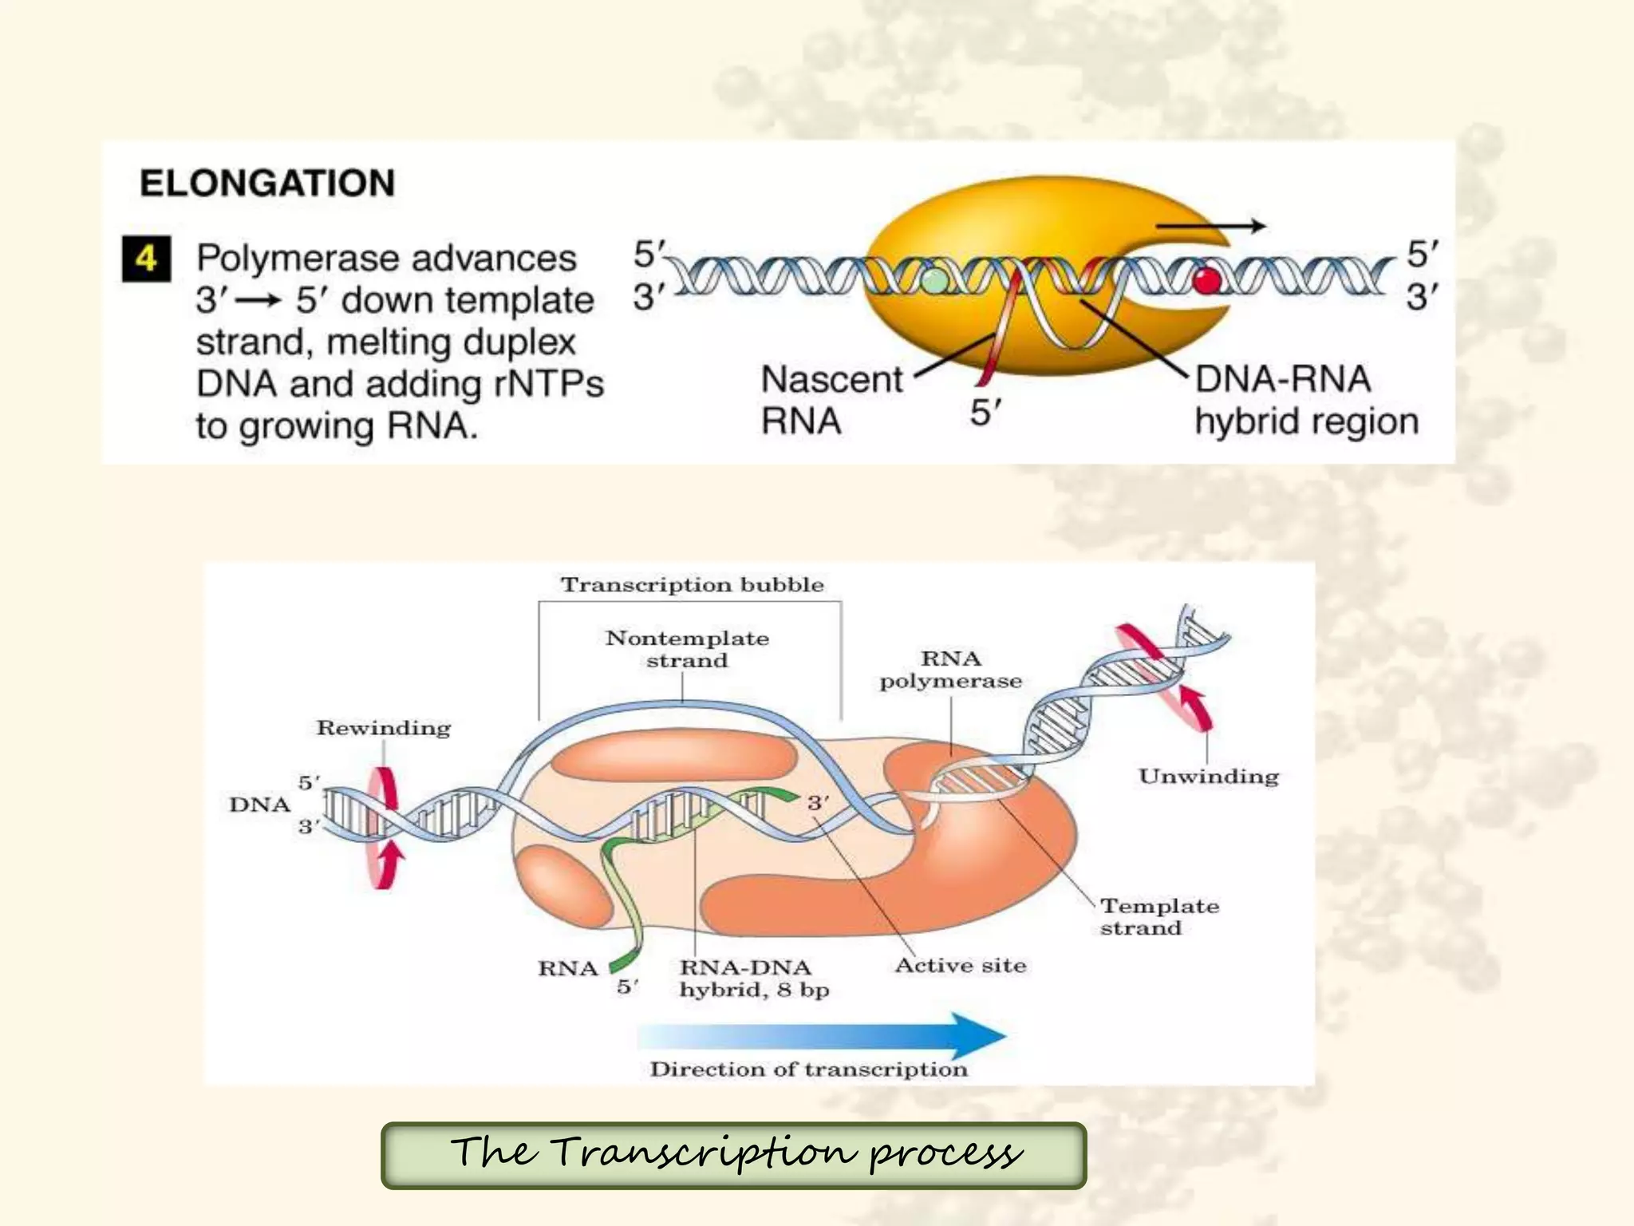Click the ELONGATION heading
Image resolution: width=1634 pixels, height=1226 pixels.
tap(267, 183)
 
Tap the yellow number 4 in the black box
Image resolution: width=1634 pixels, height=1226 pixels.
tap(146, 259)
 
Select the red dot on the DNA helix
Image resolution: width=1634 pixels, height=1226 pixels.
tap(1207, 280)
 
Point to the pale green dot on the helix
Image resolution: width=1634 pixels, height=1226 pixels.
tap(935, 280)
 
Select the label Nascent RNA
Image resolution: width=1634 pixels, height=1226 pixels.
tap(831, 399)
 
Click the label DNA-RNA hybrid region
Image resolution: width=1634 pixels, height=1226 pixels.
tap(1305, 399)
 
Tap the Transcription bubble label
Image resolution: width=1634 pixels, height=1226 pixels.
tap(692, 584)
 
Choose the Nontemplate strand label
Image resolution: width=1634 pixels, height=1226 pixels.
tap(687, 649)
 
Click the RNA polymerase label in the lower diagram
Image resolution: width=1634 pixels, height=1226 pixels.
tap(950, 669)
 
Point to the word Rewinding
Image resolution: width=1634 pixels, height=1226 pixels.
tap(384, 728)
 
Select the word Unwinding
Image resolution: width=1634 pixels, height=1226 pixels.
tap(1208, 776)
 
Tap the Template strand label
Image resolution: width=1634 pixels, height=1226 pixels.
tap(1158, 916)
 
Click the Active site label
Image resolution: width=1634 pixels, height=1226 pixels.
tap(960, 966)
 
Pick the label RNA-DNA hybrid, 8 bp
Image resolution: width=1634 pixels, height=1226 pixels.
tap(753, 978)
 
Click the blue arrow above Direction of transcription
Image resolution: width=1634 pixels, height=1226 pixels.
tap(822, 1036)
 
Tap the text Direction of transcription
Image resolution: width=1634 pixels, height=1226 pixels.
tap(808, 1070)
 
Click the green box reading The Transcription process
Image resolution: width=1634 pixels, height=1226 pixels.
tap(734, 1155)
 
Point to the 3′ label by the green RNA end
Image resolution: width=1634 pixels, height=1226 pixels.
tap(818, 802)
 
